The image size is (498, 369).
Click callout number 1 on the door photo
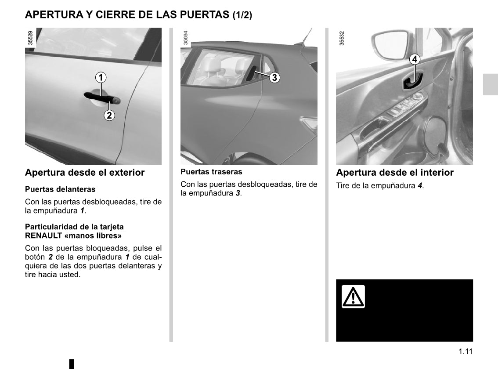[101, 78]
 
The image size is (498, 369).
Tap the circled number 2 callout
[109, 116]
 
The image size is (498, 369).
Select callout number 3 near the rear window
[274, 78]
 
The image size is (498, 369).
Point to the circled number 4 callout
[414, 59]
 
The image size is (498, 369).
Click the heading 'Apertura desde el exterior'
[85, 173]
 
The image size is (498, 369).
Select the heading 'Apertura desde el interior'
[394, 173]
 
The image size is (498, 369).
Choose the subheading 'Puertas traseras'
[211, 172]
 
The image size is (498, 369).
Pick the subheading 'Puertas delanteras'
[60, 190]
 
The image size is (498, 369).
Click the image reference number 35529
[30, 38]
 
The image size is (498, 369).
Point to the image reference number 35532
[342, 38]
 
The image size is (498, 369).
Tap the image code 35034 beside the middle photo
[186, 38]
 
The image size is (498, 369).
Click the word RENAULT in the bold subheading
[43, 235]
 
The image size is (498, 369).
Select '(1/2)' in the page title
[242, 15]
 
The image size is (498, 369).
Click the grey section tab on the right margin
[490, 84]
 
